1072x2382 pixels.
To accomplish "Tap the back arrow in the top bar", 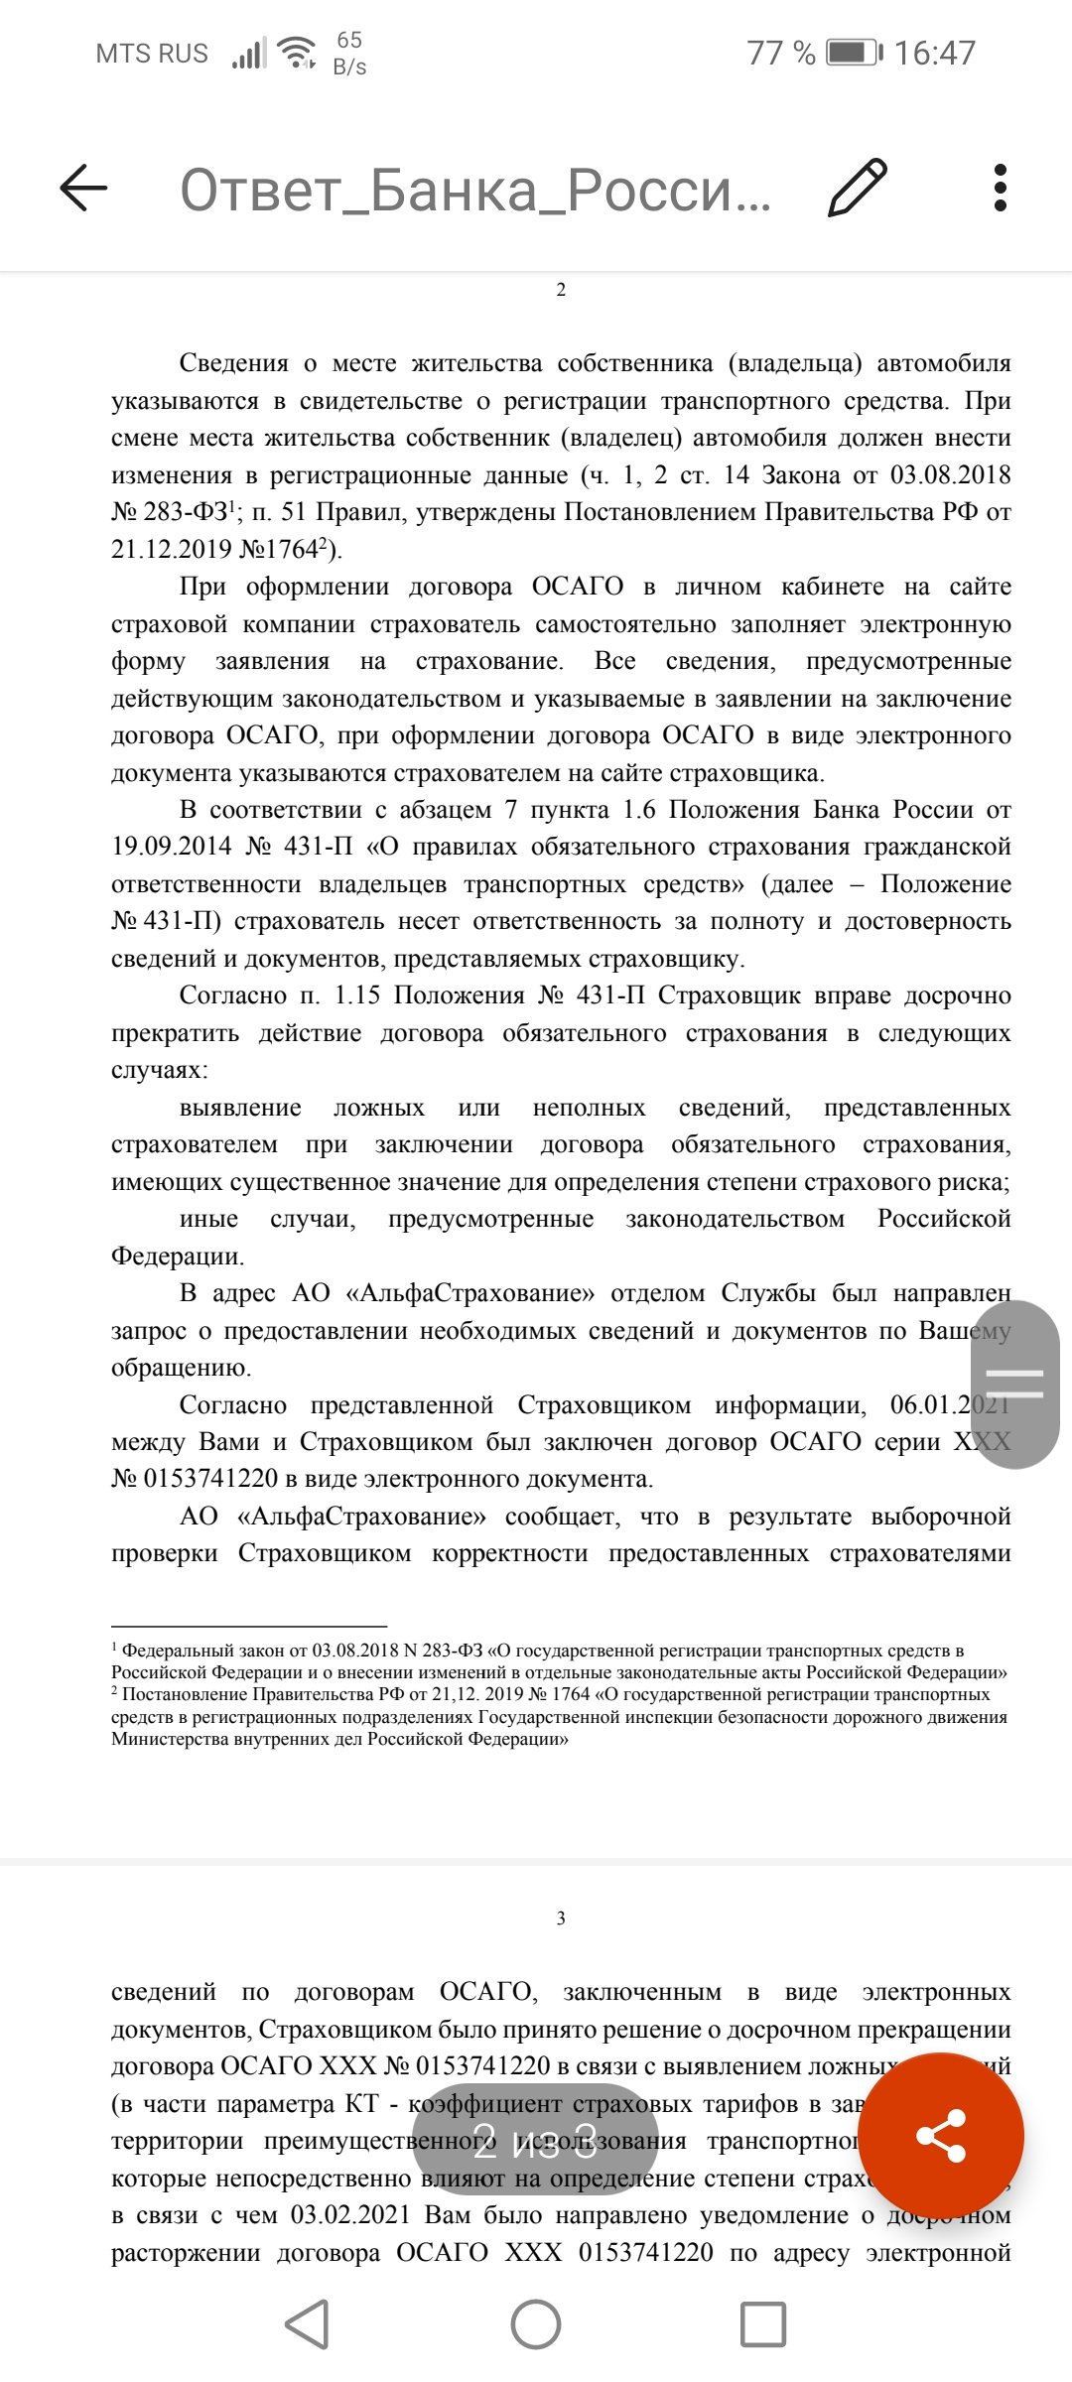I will coord(83,188).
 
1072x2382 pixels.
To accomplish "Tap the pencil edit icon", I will coord(857,188).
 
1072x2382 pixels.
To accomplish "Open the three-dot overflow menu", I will coord(1000,188).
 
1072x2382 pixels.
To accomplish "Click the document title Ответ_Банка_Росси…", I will coord(474,190).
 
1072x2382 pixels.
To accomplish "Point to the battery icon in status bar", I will coord(854,53).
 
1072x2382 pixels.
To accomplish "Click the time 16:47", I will coord(935,53).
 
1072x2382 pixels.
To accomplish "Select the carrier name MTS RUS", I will coord(152,54).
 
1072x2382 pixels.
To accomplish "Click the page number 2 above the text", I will coord(561,290).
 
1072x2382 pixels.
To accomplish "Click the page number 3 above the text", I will coord(561,1919).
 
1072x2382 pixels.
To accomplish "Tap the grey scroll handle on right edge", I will coord(1013,1384).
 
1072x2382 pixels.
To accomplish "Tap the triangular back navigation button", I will coord(308,2323).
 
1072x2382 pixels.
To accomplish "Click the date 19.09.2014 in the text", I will coord(171,847).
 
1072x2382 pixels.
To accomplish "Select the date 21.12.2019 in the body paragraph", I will coord(171,550).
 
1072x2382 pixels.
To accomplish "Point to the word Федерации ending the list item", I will coord(177,1257).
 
